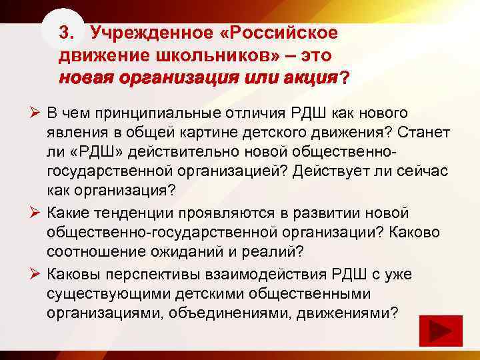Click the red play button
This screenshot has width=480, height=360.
[438, 332]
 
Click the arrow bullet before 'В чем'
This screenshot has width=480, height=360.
[36, 113]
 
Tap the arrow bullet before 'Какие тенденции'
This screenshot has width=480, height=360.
[36, 213]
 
